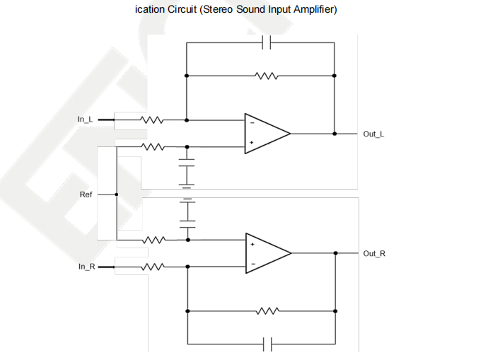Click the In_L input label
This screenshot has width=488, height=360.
coord(85,120)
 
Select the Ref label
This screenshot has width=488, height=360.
coord(86,194)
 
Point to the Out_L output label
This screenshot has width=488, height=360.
coord(373,133)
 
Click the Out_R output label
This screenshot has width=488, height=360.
coord(374,253)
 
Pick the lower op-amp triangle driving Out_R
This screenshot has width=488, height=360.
coord(267,253)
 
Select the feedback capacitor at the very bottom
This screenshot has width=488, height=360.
coord(267,344)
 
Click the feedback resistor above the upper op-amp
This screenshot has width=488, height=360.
coord(267,75)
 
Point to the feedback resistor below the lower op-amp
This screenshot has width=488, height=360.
coord(267,310)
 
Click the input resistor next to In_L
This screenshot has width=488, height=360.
coord(152,120)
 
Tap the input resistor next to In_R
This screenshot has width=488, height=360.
coord(153,267)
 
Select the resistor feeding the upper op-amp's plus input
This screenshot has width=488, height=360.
coord(153,146)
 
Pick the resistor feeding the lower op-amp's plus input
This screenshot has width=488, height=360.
coord(153,240)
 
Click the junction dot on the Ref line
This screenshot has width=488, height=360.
coord(116,194)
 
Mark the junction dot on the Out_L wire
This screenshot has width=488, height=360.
coord(335,133)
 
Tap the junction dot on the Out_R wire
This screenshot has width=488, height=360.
coord(335,252)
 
